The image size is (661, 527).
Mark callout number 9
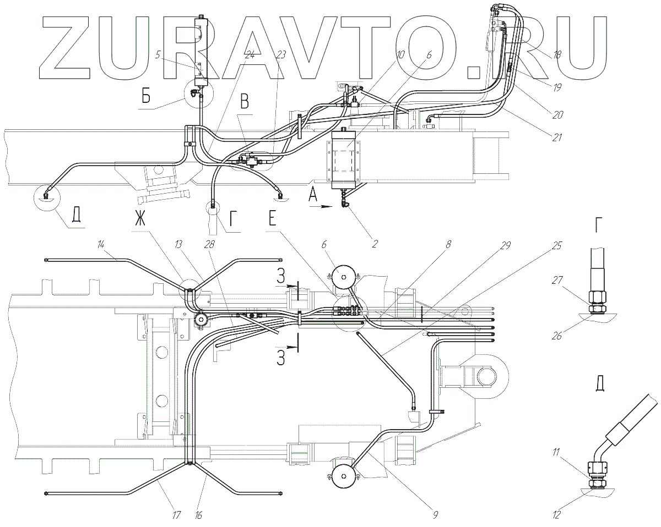(x=435, y=515)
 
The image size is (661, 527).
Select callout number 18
(x=557, y=54)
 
